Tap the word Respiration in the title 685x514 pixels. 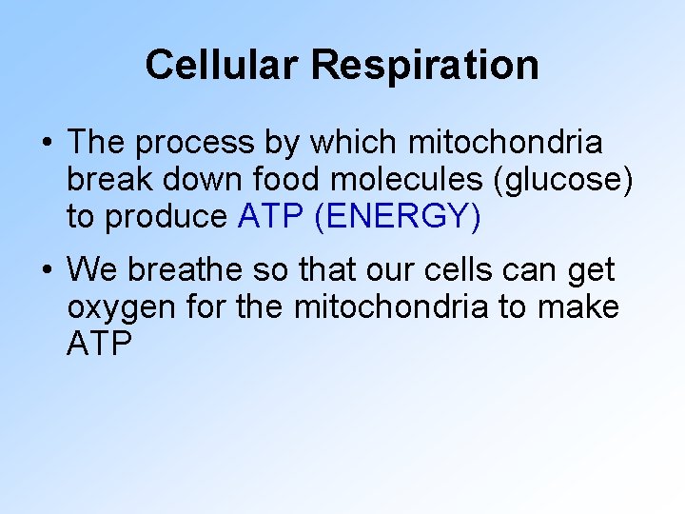[424, 65]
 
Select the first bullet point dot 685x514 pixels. [47, 144]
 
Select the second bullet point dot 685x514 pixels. [47, 271]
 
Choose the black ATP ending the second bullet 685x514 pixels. [99, 344]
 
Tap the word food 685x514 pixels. [267, 180]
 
